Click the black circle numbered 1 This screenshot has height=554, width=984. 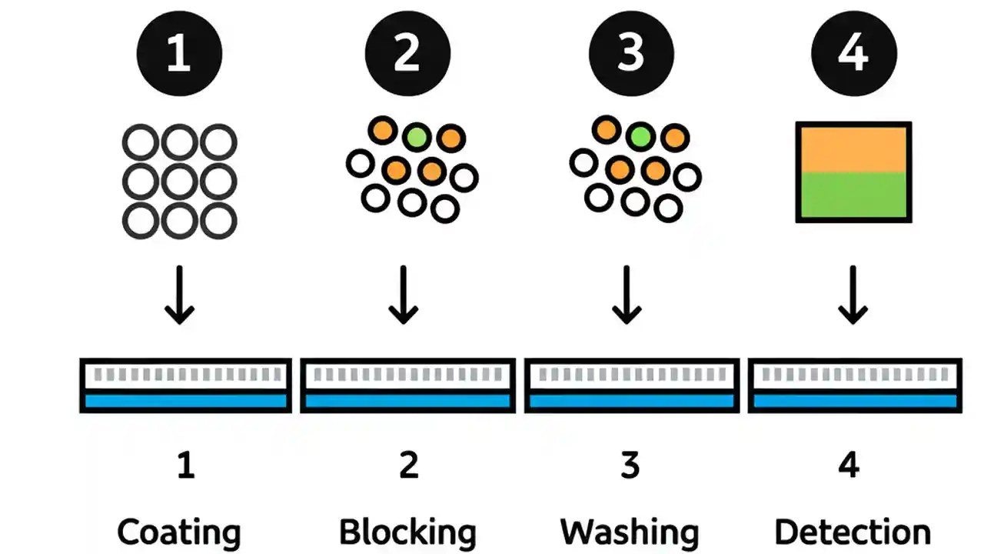pyautogui.click(x=179, y=55)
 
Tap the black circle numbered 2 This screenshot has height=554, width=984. pyautogui.click(x=407, y=55)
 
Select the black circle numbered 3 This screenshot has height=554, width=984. pyautogui.click(x=630, y=55)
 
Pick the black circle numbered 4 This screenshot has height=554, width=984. pyautogui.click(x=854, y=55)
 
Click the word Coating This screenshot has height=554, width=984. pyautogui.click(x=179, y=532)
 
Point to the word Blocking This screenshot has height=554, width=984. pyautogui.click(x=407, y=532)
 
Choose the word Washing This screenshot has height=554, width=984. pyautogui.click(x=630, y=532)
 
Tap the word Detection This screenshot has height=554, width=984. pyautogui.click(x=853, y=532)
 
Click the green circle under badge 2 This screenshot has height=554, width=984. pyautogui.click(x=416, y=137)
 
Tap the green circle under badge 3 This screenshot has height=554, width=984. pyautogui.click(x=640, y=137)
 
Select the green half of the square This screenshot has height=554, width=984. pyautogui.click(x=853, y=195)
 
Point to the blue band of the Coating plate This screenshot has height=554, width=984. pyautogui.click(x=185, y=400)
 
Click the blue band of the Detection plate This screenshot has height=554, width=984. pyautogui.click(x=855, y=400)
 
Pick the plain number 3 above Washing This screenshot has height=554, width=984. pyautogui.click(x=630, y=466)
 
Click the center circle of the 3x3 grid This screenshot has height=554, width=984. pyautogui.click(x=180, y=182)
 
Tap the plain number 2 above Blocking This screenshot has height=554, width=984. pyautogui.click(x=408, y=466)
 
